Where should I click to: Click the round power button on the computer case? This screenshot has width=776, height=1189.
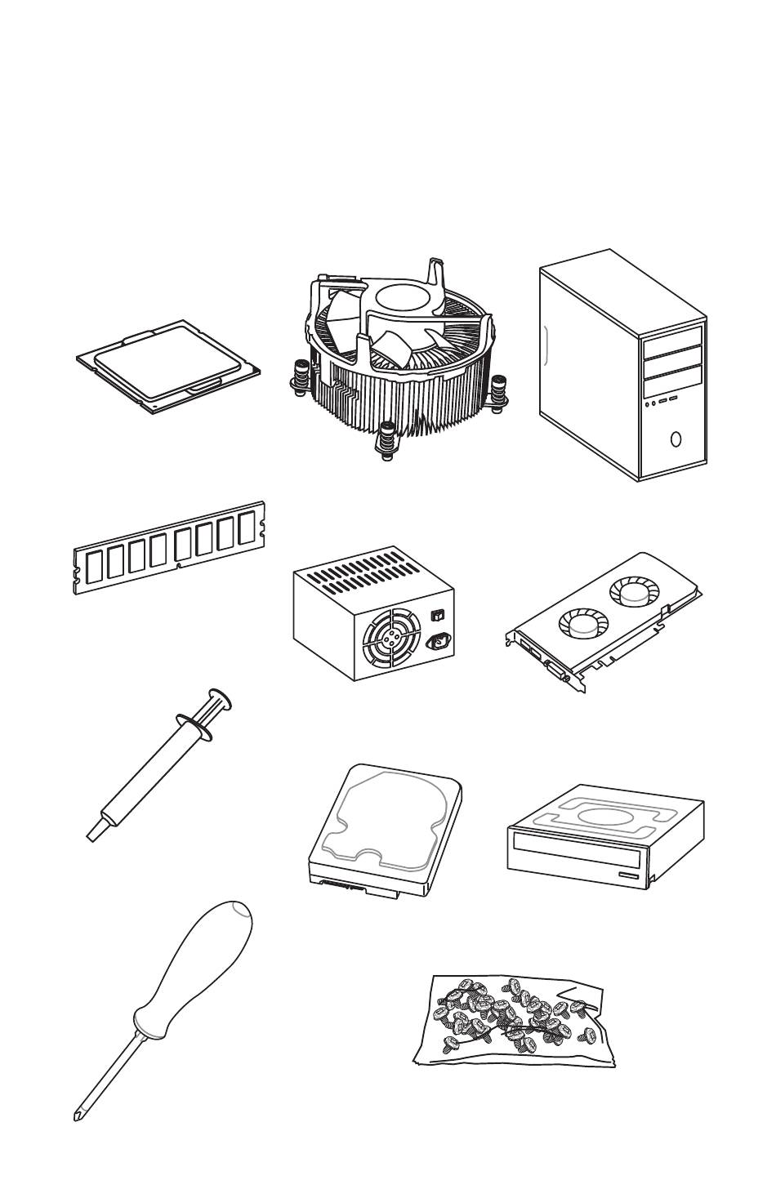click(x=675, y=439)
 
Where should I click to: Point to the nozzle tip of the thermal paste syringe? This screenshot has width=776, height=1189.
click(x=92, y=833)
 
